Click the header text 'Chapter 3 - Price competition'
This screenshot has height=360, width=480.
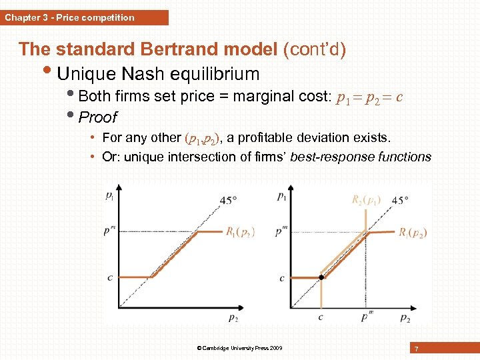tap(69, 17)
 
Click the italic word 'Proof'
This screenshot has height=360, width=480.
tap(97, 117)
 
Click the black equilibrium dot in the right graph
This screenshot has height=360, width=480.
tap(321, 277)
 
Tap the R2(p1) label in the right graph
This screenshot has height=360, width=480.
tap(367, 199)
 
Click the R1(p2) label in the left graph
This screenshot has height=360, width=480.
tap(240, 232)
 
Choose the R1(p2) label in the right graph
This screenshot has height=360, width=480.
tap(413, 233)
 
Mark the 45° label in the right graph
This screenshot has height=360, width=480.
tap(401, 199)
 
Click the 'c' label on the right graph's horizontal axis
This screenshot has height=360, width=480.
tap(321, 317)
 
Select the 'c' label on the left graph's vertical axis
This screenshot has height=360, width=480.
tap(109, 277)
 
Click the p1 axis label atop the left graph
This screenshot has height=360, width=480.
tap(109, 195)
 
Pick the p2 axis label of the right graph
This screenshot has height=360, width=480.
tap(405, 318)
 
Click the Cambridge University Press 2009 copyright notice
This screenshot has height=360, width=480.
tap(239, 348)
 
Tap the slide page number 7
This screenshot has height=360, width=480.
tap(416, 349)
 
